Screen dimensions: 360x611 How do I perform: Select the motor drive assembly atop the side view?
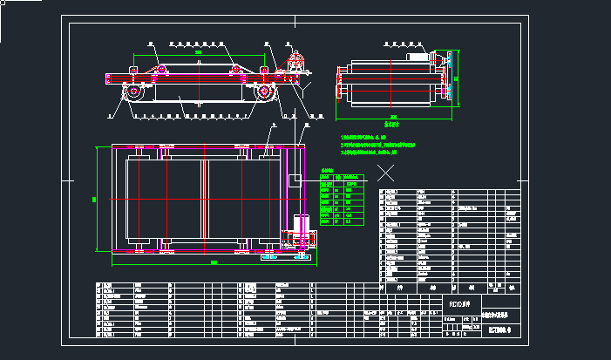(x=295, y=63)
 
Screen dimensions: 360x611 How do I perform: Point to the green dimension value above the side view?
(x=199, y=53)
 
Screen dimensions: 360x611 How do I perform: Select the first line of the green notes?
(x=363, y=138)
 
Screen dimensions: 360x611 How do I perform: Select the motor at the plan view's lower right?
(x=301, y=228)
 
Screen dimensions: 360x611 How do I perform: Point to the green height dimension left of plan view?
(x=94, y=199)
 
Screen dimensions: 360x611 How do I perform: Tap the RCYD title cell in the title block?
(x=458, y=304)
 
